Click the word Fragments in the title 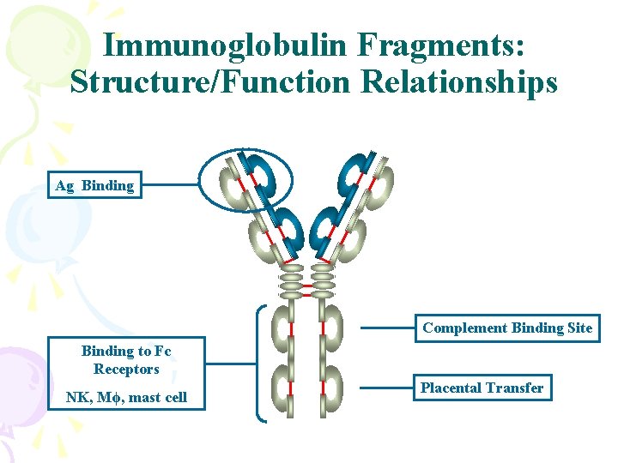coord(453,47)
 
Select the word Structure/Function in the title coord(211,82)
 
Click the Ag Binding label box coord(94,185)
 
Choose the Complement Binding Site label coord(507,328)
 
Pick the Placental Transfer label coord(482,388)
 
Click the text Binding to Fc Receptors coord(126,360)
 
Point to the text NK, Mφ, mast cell coord(126,397)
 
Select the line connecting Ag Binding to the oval coord(168,184)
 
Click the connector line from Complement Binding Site coord(386,328)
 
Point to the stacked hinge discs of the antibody coord(307,279)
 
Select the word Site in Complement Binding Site coord(579,328)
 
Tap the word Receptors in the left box coord(126,370)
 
